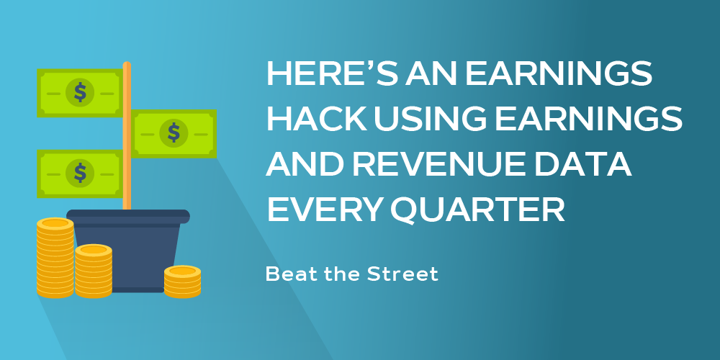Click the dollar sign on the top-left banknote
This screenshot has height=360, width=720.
point(80,92)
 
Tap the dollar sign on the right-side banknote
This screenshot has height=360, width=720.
point(174,132)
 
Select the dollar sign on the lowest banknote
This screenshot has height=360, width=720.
point(80,173)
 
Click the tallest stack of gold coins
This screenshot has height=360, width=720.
point(55,258)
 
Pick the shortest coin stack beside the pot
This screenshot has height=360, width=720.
point(182,282)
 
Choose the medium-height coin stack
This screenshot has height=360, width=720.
point(94,271)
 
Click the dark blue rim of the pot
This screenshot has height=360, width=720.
point(128,216)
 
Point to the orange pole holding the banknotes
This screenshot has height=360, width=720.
point(127,136)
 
